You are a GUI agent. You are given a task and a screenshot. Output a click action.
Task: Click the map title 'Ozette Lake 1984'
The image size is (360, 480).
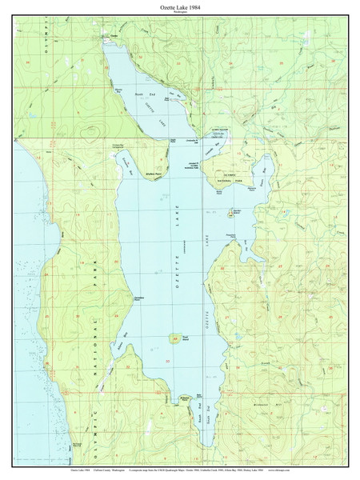[x=179, y=6]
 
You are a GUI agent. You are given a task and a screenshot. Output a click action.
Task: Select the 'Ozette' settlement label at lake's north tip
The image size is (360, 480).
[x=114, y=38]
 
